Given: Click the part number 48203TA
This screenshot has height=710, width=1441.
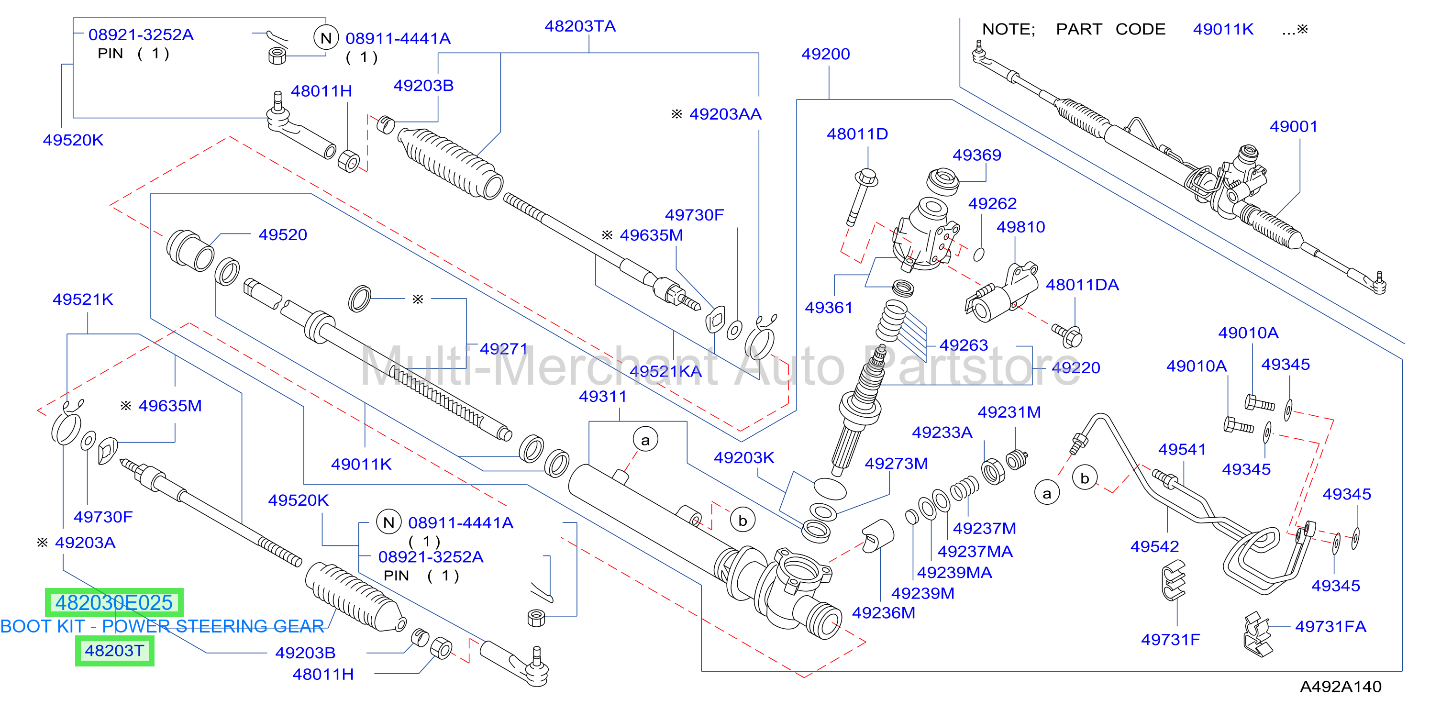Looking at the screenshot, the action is click(x=580, y=26).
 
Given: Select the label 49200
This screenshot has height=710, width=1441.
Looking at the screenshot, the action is click(x=825, y=54).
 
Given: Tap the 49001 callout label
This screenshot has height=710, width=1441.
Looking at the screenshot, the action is click(x=1293, y=126).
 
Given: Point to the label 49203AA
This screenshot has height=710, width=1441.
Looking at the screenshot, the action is click(x=725, y=114).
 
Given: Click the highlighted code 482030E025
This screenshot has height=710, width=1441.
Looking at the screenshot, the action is click(x=114, y=602).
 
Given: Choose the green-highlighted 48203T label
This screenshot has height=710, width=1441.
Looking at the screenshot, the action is click(x=115, y=651).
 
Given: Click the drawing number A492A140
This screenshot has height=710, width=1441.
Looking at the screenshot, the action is click(x=1341, y=687).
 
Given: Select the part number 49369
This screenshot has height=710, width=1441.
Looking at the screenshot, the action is click(x=977, y=155).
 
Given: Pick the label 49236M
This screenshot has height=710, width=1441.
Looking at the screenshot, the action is click(x=883, y=613).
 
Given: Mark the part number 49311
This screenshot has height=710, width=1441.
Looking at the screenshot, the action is click(x=602, y=397).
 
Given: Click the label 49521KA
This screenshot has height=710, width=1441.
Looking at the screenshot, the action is click(x=665, y=371).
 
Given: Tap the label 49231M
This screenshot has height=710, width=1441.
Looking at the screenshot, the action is click(x=1009, y=412).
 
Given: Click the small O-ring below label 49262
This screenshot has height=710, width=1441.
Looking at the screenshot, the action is click(x=978, y=255).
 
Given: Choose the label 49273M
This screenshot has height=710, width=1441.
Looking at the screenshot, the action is click(x=896, y=464).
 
